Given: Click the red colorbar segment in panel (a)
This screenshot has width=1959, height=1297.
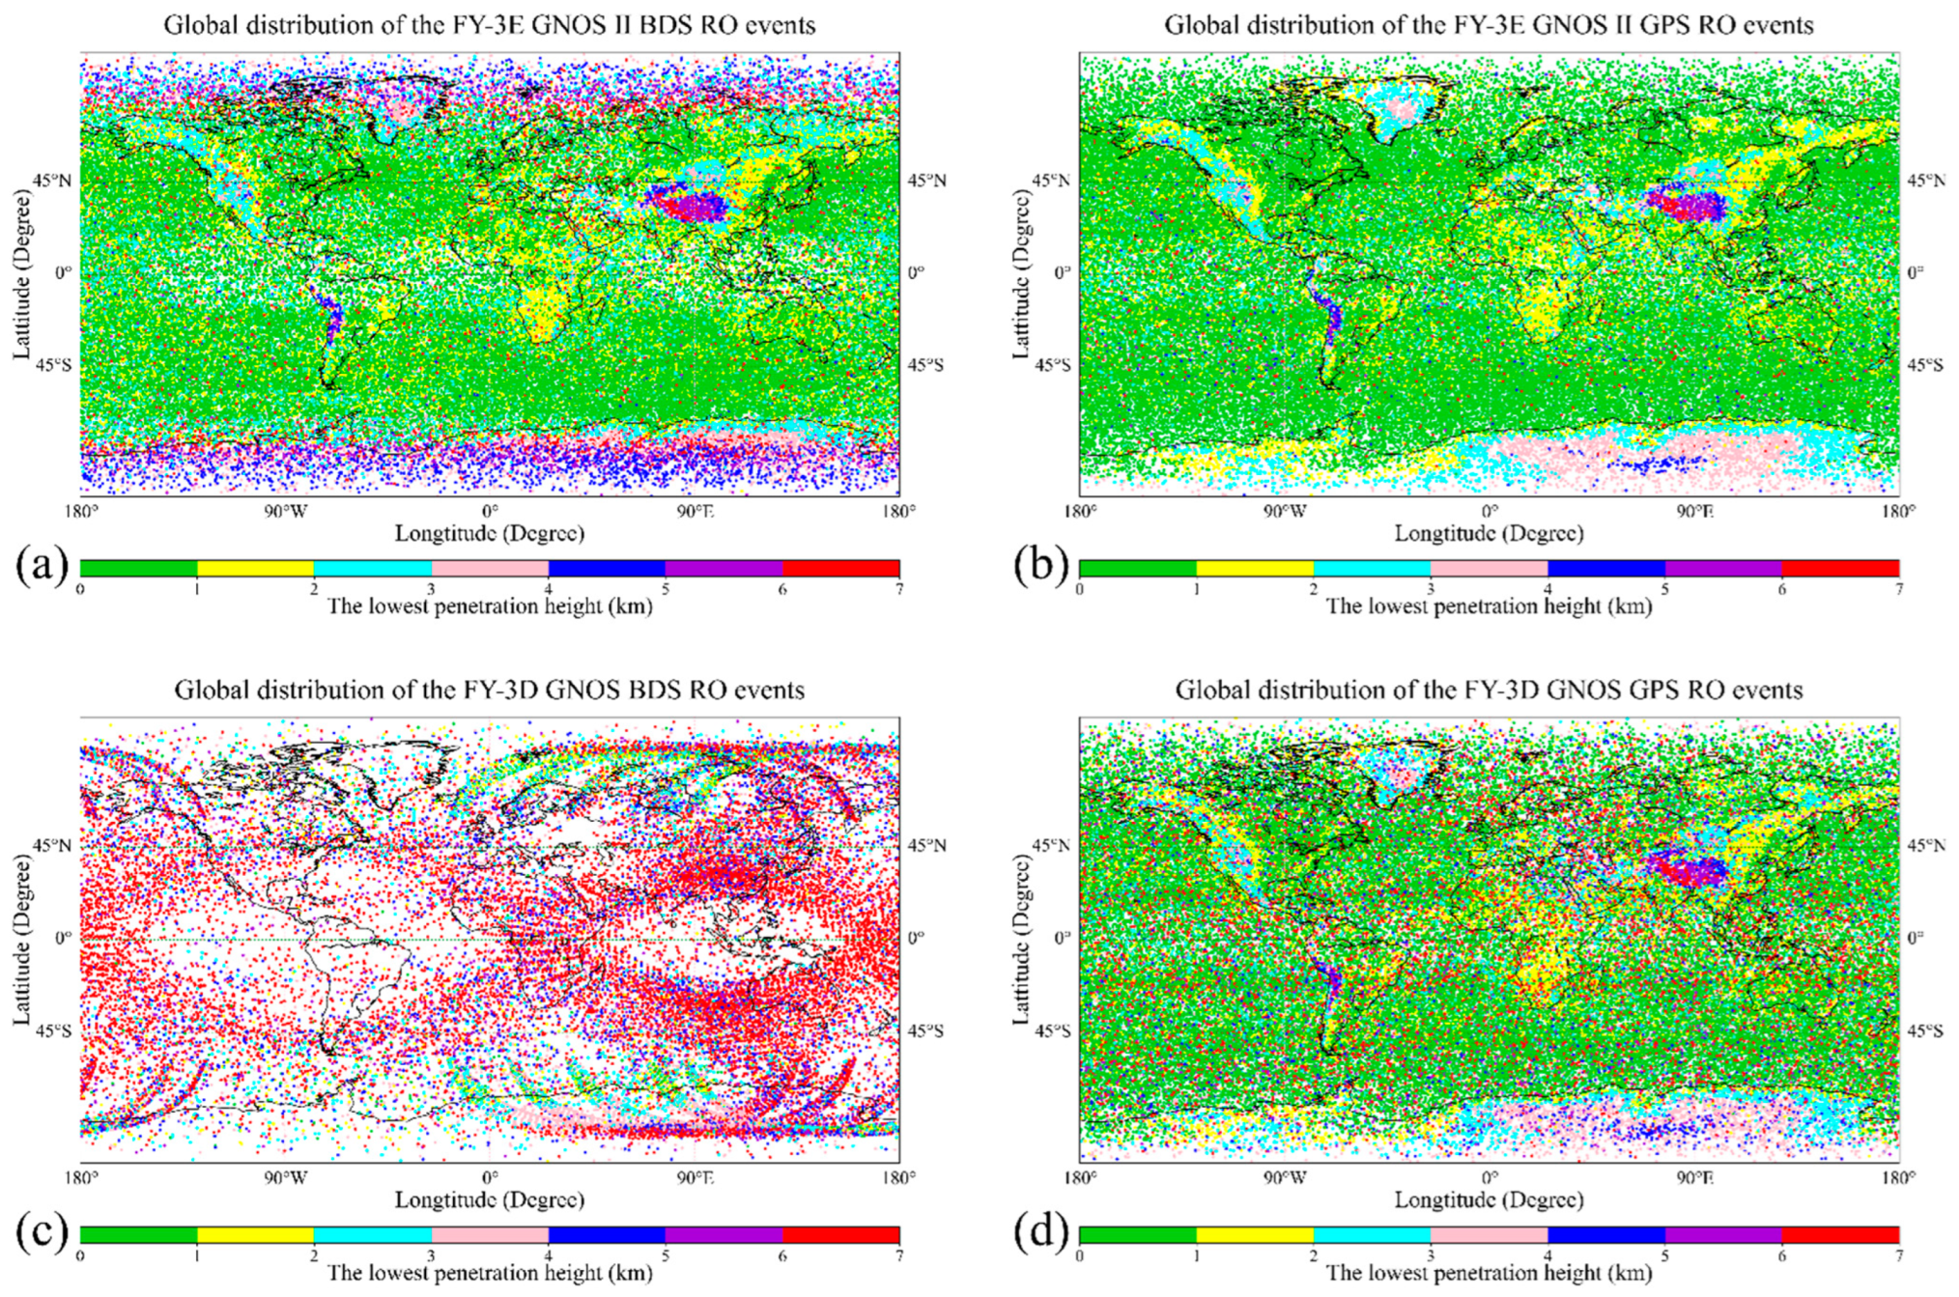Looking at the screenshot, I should click(840, 568).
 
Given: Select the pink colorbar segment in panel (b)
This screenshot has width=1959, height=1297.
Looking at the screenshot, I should click(1489, 568).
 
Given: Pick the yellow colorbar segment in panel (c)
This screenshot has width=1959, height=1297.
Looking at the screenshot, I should click(255, 1234).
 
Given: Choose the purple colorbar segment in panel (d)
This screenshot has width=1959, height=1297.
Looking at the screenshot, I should click(1722, 1234).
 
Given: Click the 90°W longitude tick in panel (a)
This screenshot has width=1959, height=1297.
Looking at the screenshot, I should click(286, 511).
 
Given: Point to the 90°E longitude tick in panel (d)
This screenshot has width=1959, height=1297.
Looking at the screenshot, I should click(1694, 1177).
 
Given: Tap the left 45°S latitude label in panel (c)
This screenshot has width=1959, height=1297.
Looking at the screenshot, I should click(54, 1031).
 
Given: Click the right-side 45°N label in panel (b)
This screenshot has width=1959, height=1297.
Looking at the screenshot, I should click(1925, 181).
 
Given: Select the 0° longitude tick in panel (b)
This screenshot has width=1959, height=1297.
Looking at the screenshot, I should click(1489, 511).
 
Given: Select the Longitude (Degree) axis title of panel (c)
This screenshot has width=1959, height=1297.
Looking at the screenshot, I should click(489, 1199).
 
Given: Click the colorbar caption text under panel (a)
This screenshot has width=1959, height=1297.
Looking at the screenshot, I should click(489, 606).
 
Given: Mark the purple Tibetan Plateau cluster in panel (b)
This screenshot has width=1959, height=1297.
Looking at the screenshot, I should click(1686, 205).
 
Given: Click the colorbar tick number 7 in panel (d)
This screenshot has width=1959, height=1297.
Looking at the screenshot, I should click(1898, 1256).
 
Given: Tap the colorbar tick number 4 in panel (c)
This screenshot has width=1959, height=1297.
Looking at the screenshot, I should click(549, 1256).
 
